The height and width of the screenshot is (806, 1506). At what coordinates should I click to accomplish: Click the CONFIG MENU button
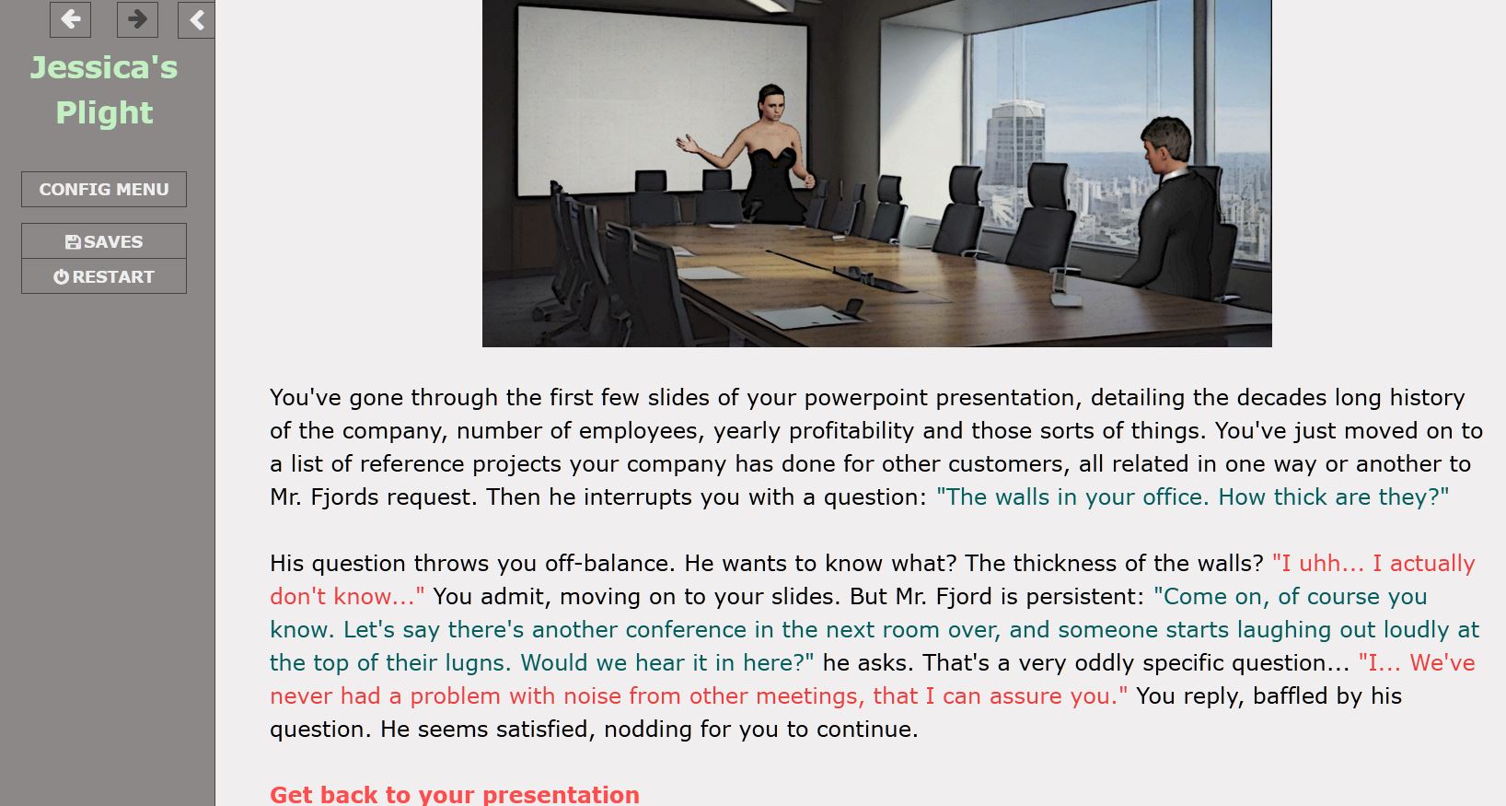(103, 189)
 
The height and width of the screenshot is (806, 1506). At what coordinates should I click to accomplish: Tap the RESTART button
(103, 276)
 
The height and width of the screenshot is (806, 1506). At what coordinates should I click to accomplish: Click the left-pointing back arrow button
(70, 18)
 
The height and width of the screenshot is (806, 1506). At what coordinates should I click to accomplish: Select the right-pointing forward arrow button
(137, 18)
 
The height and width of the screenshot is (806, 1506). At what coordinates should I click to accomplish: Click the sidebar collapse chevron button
(196, 19)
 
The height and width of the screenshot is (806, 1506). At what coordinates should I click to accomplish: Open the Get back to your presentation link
(455, 794)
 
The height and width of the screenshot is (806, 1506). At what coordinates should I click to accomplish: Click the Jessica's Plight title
(104, 89)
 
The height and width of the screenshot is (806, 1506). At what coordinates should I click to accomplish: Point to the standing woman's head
(771, 103)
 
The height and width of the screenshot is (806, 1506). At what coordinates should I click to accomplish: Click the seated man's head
(1164, 145)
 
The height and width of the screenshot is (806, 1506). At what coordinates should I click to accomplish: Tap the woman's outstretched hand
(688, 144)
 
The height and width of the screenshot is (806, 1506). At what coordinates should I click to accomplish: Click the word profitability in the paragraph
(851, 431)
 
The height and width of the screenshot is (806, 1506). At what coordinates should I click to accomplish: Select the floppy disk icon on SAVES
(73, 242)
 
